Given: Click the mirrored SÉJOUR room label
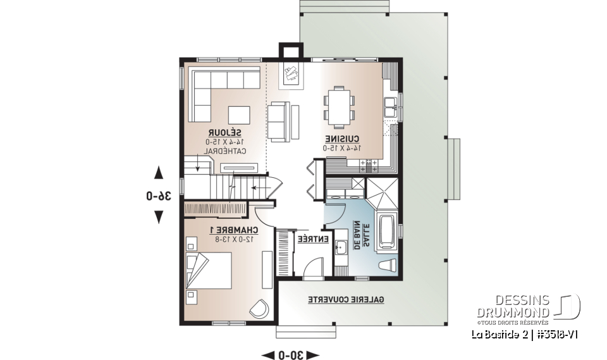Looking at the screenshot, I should click(227, 133).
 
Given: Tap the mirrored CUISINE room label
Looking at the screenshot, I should click(343, 139).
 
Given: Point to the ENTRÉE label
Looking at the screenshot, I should click(313, 239).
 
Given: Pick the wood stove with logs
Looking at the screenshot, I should click(291, 74).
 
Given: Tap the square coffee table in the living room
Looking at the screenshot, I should click(238, 115).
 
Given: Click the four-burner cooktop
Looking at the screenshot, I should click(368, 166).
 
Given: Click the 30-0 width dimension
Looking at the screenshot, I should click(291, 353).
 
